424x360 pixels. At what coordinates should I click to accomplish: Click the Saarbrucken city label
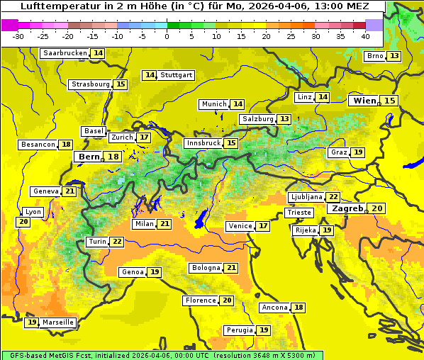(65, 53)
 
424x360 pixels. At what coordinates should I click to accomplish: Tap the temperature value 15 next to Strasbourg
(121, 84)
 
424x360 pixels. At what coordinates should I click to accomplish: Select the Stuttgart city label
(177, 75)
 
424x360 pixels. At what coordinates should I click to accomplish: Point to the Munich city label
(214, 104)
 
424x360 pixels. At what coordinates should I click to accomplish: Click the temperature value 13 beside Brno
(394, 56)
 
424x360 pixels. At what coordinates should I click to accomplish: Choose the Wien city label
(365, 101)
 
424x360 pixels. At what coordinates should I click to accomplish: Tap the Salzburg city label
(257, 119)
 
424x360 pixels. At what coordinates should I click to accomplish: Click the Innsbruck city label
(203, 143)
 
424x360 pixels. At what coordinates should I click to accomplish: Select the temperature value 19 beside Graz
(358, 152)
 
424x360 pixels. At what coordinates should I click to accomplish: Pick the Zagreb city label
(347, 209)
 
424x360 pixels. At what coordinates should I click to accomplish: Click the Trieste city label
(298, 213)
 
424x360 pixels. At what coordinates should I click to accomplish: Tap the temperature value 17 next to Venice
(263, 226)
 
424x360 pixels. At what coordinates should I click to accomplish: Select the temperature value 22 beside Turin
(117, 242)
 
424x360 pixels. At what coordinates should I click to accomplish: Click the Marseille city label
(58, 322)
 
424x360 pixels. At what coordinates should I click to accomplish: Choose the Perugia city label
(239, 330)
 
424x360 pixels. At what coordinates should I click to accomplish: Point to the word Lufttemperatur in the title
(50, 6)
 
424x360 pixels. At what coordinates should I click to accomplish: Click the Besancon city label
(38, 145)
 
